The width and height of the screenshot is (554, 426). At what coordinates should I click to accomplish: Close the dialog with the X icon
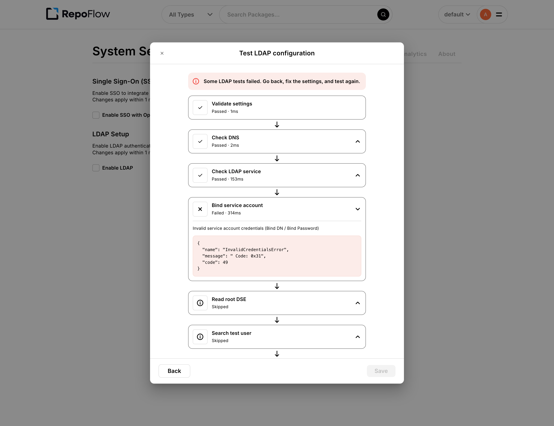pos(162,53)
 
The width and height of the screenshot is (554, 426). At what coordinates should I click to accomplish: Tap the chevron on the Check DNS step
pos(358,141)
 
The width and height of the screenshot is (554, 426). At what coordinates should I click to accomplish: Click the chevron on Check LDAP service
pos(358,175)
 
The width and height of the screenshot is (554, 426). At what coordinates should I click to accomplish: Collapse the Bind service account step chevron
pos(358,209)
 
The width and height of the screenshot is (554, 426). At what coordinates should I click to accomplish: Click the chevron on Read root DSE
pos(358,303)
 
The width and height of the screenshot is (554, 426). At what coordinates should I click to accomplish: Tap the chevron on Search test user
pos(358,337)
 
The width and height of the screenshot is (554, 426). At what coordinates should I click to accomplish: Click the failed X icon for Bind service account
pos(200,209)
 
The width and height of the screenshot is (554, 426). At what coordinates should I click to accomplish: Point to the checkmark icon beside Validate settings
pos(200,108)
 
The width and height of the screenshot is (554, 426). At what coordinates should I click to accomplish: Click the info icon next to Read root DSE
pos(200,303)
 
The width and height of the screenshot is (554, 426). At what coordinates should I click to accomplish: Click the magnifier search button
pos(383,14)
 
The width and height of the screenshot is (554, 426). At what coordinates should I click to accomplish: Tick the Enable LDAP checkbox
pos(96,168)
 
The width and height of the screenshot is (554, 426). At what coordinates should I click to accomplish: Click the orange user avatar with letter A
pos(485,14)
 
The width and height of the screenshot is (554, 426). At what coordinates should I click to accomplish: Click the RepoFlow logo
pos(78,14)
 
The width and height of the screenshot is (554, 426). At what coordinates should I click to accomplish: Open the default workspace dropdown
pos(457,14)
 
